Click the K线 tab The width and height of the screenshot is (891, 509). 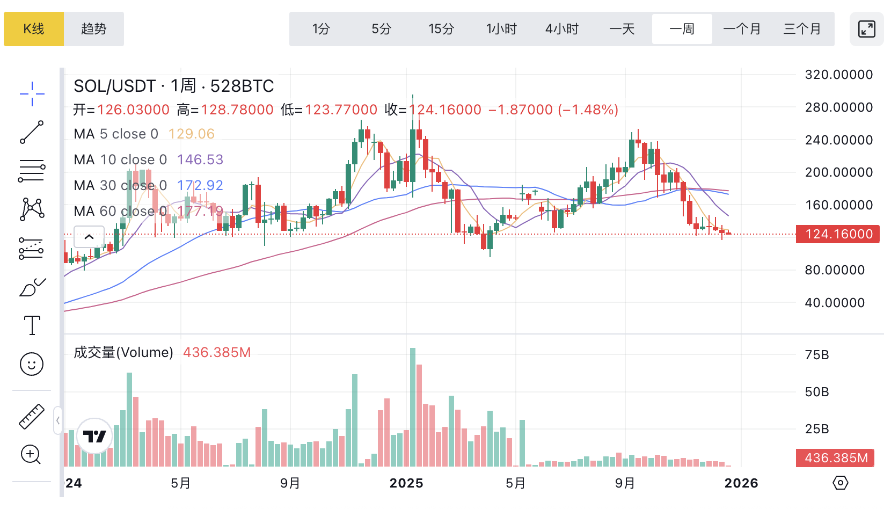point(34,29)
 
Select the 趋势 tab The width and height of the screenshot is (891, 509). point(94,29)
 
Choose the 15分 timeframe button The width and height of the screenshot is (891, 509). point(441,29)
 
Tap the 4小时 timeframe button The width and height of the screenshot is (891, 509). point(561,29)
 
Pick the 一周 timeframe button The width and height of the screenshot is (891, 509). point(682,29)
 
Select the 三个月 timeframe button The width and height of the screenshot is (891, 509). point(802,29)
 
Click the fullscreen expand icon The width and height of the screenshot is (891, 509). point(866,29)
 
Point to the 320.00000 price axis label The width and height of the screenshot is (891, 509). point(838,75)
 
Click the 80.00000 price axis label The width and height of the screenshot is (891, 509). point(835,270)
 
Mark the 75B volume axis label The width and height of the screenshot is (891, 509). point(817,355)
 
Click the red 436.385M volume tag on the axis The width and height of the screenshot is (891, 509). point(835,458)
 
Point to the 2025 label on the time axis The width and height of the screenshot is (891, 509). point(406,483)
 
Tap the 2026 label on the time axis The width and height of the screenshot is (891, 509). point(741,483)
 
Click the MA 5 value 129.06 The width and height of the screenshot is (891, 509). point(192,134)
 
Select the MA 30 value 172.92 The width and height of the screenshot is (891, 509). point(200,185)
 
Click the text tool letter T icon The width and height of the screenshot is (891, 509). point(32,325)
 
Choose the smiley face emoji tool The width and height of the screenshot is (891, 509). point(32,364)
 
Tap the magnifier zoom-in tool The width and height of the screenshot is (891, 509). point(31,455)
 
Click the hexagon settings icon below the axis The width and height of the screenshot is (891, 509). point(840,483)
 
